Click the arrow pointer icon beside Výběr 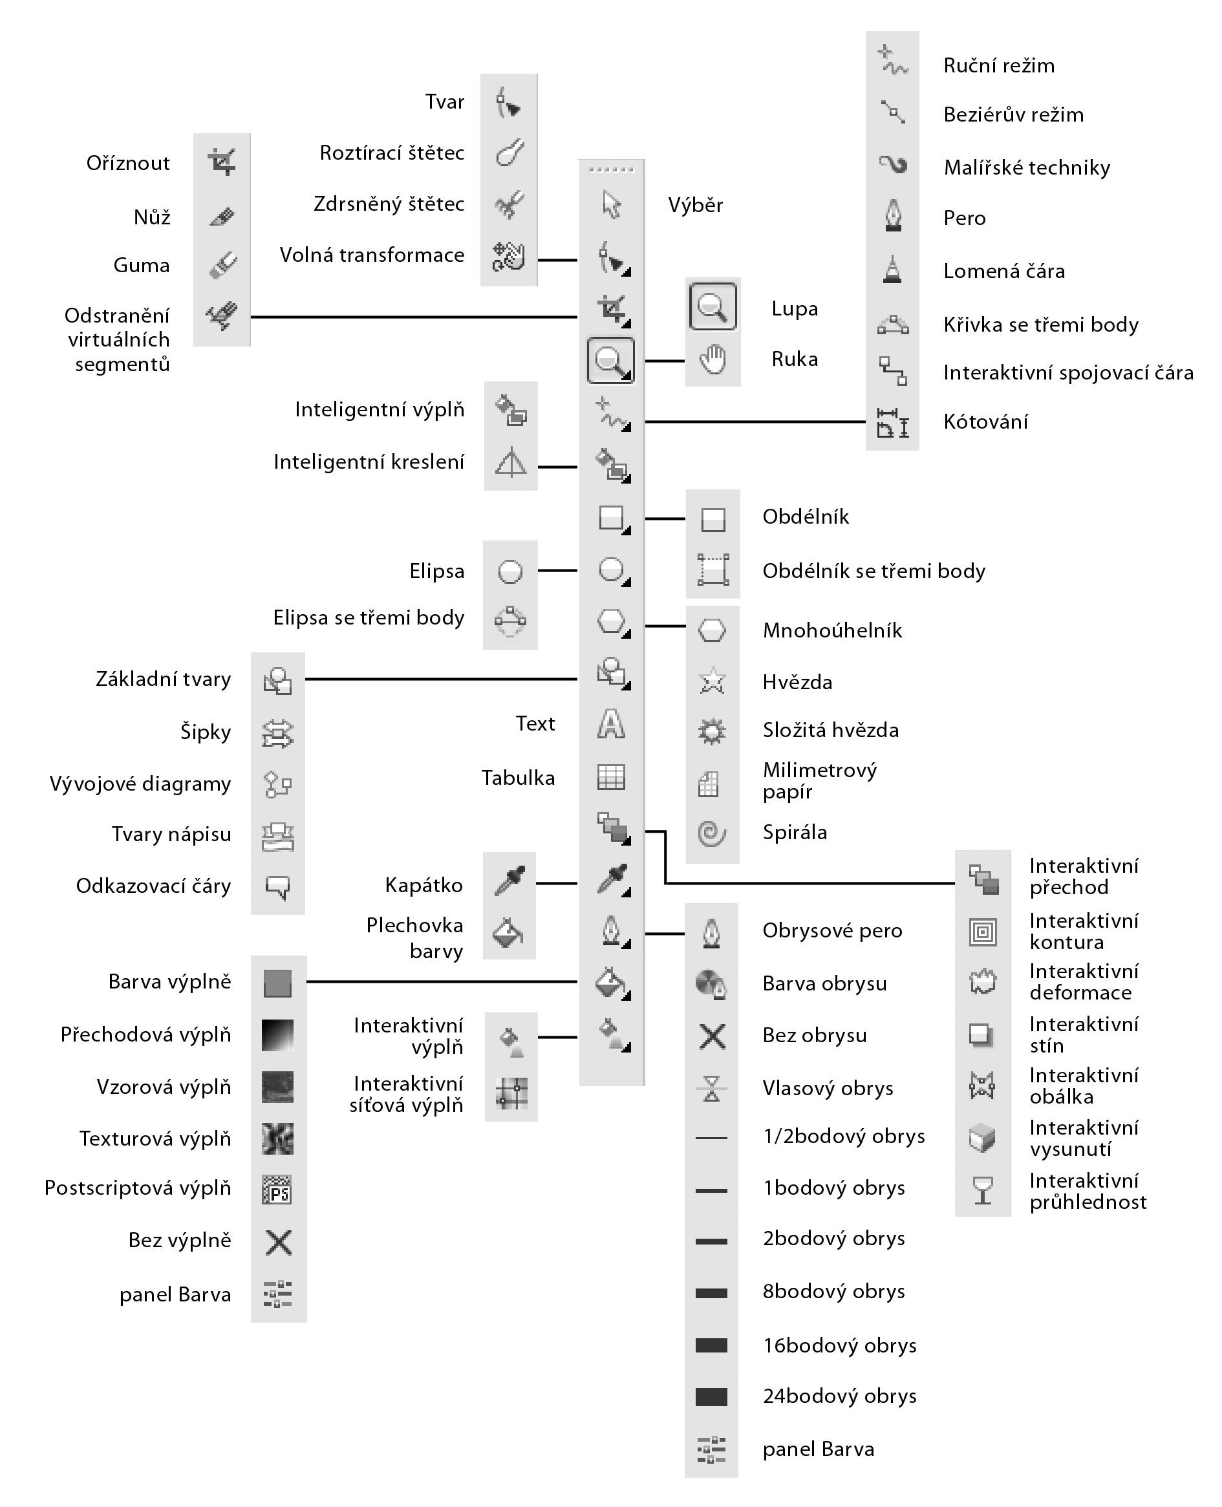(611, 205)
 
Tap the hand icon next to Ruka (713, 359)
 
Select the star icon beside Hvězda (712, 681)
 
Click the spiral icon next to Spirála (712, 833)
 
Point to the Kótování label (985, 422)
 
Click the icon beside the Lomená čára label (892, 270)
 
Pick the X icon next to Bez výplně (278, 1243)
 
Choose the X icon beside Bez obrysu (712, 1036)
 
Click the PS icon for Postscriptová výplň (277, 1190)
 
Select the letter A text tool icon (610, 723)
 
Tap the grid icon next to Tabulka (610, 777)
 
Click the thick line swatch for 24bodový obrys (711, 1396)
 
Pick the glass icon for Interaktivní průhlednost (983, 1191)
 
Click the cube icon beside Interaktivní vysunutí (983, 1138)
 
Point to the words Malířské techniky (1026, 167)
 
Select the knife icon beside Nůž (222, 217)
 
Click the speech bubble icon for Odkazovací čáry (277, 887)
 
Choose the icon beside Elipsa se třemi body (509, 620)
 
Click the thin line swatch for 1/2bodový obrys (711, 1137)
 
